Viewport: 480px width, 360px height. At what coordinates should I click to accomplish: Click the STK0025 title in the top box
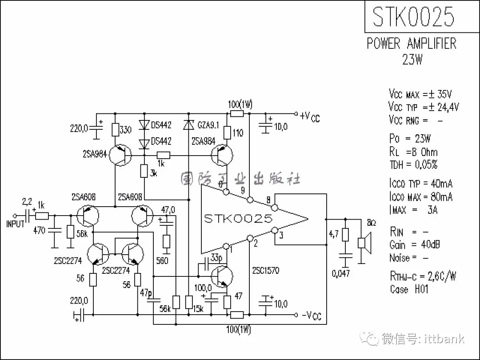(x=413, y=17)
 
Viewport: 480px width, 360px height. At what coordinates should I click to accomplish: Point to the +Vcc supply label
(x=310, y=116)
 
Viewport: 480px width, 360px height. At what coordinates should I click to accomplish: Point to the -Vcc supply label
(x=311, y=316)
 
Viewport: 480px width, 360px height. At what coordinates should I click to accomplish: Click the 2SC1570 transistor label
(x=265, y=270)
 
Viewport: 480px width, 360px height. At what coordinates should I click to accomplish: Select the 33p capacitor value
(x=217, y=258)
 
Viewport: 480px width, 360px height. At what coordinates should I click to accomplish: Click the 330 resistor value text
(x=126, y=130)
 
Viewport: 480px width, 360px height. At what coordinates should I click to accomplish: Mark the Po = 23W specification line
(x=410, y=139)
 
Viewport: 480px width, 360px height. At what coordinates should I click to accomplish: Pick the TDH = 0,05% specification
(x=413, y=164)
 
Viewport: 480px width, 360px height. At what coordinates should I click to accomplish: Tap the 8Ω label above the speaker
(x=371, y=223)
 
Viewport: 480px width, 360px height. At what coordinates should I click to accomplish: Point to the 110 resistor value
(x=238, y=132)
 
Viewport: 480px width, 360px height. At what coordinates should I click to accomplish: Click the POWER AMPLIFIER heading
(x=412, y=44)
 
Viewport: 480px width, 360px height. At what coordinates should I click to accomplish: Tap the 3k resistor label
(x=153, y=173)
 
